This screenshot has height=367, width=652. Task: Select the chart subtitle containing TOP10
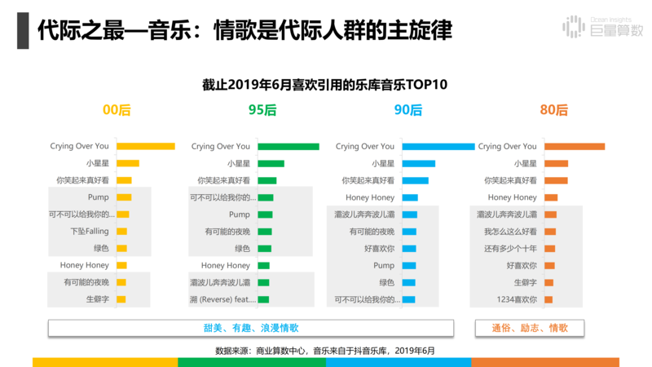click(x=325, y=85)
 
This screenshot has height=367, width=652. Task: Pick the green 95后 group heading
click(x=262, y=110)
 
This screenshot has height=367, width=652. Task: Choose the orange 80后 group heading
click(x=553, y=110)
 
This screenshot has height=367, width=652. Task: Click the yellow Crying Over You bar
click(x=145, y=147)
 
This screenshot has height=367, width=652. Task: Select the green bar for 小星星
click(x=271, y=164)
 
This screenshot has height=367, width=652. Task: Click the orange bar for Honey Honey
click(x=551, y=197)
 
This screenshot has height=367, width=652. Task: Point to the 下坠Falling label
click(x=89, y=232)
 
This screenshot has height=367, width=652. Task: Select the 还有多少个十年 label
click(x=510, y=249)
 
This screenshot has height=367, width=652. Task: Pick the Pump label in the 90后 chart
click(x=383, y=266)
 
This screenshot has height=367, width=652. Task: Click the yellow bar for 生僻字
click(x=121, y=299)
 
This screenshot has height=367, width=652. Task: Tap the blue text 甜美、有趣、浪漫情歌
click(x=251, y=328)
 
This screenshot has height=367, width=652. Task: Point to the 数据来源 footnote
click(x=325, y=350)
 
